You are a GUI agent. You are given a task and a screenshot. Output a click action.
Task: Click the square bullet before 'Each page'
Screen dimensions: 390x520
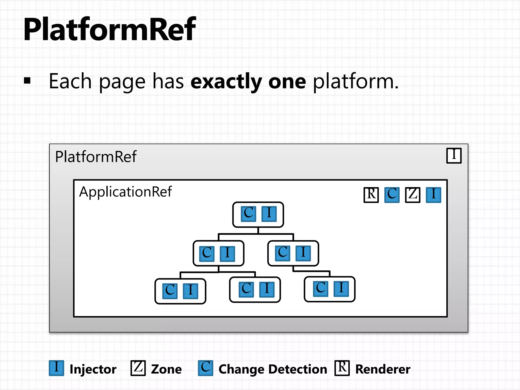(x=27, y=81)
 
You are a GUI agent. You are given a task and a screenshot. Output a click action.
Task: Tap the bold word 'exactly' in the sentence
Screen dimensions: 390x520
(x=226, y=82)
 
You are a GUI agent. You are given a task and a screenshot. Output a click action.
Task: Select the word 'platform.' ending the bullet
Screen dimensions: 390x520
(x=355, y=82)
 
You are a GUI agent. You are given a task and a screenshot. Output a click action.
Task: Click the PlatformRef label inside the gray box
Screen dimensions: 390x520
(x=96, y=157)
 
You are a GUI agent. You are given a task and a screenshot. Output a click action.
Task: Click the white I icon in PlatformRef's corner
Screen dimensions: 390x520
(x=454, y=155)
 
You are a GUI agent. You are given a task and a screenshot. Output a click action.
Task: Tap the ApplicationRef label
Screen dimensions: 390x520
(x=125, y=192)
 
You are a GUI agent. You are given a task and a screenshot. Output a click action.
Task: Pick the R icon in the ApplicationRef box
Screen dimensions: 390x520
(x=371, y=195)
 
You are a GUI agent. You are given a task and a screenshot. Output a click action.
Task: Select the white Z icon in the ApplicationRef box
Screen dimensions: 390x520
(x=413, y=195)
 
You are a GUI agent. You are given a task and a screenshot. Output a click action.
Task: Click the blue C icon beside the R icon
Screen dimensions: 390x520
(x=392, y=195)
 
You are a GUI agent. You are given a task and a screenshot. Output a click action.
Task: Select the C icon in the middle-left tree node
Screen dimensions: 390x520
(x=207, y=253)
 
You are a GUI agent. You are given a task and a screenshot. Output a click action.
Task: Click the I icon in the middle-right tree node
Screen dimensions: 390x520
(x=303, y=253)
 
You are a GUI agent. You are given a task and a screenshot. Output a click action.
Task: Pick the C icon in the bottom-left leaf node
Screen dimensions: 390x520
(x=170, y=291)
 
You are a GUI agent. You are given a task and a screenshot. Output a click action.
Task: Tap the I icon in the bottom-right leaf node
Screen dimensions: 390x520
(x=341, y=289)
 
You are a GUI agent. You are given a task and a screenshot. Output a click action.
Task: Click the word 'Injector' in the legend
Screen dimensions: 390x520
(x=93, y=369)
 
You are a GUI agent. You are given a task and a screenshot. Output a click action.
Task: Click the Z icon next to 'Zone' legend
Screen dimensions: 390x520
(x=138, y=368)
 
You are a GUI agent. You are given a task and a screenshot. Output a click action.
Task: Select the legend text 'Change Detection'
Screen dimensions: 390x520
(x=273, y=369)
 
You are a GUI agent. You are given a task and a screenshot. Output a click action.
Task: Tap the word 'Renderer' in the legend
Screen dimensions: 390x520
(x=383, y=369)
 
